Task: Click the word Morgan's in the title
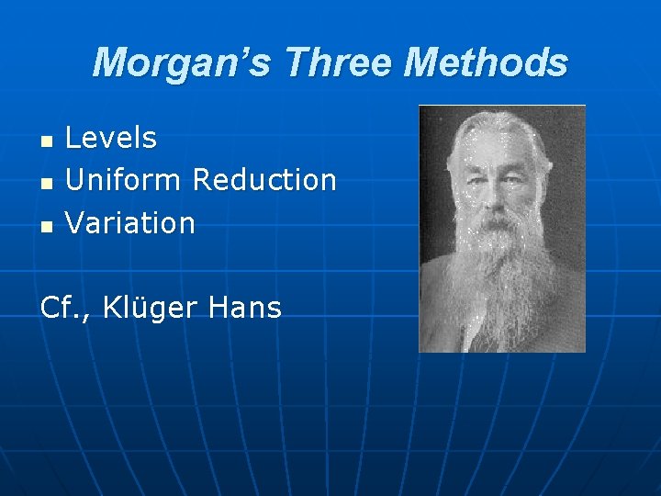point(184,62)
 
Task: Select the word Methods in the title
point(486,62)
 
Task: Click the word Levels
point(111,139)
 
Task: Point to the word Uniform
point(125,180)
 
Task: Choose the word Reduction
point(264,180)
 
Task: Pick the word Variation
point(130,222)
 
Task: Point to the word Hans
point(245,308)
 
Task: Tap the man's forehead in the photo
point(502,147)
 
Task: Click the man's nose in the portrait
point(502,188)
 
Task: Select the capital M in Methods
point(423,62)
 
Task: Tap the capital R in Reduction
point(203,180)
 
